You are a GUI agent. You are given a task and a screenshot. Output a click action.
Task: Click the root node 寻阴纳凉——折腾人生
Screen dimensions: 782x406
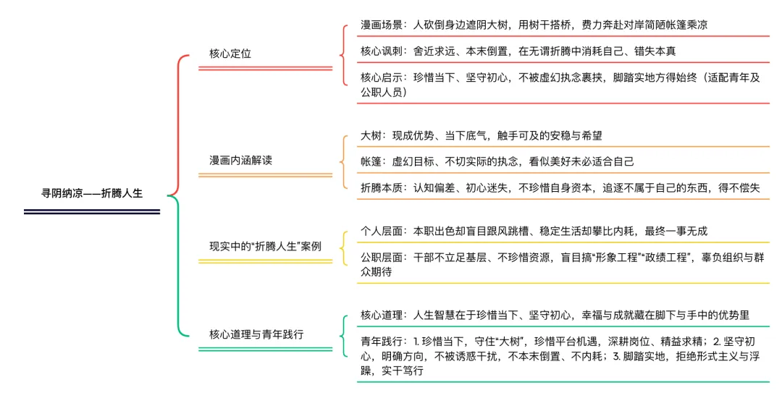(92, 193)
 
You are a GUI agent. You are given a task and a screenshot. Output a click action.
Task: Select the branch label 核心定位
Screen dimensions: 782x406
(230, 54)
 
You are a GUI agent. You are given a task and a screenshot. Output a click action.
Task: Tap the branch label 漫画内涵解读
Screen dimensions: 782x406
(240, 160)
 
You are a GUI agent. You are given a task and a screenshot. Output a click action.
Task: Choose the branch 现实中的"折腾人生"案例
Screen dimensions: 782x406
(265, 246)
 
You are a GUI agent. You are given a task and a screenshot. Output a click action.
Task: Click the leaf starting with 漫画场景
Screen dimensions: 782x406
(534, 25)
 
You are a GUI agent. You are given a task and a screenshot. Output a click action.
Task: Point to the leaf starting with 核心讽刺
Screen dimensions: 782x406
(518, 51)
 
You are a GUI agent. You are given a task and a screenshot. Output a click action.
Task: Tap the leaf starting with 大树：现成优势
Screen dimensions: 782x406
(482, 135)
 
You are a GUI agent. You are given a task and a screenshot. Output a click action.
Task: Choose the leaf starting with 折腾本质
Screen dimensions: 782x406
(560, 187)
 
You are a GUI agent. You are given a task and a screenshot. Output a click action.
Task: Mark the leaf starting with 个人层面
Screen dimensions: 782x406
(534, 231)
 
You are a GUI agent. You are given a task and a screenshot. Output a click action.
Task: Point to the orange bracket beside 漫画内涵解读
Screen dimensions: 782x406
(343, 161)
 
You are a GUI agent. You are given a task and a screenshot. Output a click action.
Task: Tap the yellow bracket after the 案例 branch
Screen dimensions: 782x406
(343, 248)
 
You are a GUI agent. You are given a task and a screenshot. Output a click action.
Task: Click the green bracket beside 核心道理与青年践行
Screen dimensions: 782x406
(343, 335)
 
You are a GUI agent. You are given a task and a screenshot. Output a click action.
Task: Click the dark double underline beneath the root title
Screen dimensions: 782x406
(91, 211)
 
